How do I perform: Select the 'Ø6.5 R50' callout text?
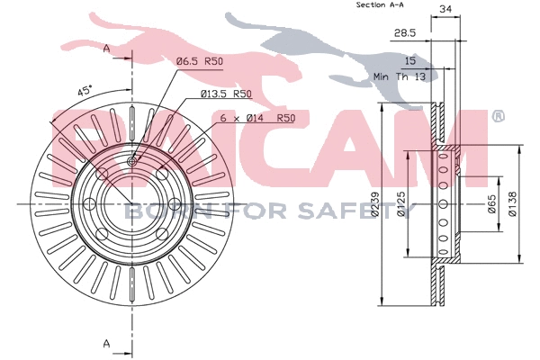[x=199, y=61]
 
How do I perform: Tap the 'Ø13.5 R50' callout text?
[x=220, y=94]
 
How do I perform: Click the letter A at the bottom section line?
[x=106, y=343]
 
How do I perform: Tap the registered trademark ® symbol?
[x=498, y=116]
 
